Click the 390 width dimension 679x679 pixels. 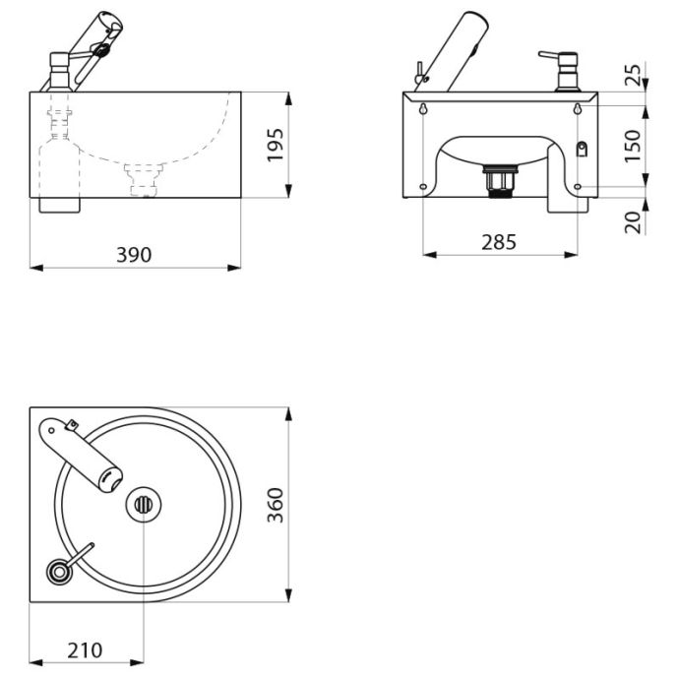tap(134, 255)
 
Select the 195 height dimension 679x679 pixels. tap(276, 145)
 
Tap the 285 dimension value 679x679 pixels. tap(499, 242)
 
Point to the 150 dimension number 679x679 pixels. tap(633, 146)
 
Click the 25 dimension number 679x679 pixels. tap(633, 75)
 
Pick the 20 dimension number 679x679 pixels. tap(633, 222)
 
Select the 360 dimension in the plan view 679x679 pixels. tap(276, 505)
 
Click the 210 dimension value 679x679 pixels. tap(85, 650)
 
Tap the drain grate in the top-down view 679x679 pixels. tap(144, 505)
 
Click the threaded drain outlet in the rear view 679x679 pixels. tap(501, 181)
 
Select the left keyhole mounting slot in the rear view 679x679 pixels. tap(423, 108)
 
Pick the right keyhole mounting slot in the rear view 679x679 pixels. tap(578, 108)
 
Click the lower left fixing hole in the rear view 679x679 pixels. tap(423, 187)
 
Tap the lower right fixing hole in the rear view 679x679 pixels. tap(578, 187)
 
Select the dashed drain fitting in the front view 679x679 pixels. tap(144, 180)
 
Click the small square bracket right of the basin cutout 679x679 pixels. tap(583, 149)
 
